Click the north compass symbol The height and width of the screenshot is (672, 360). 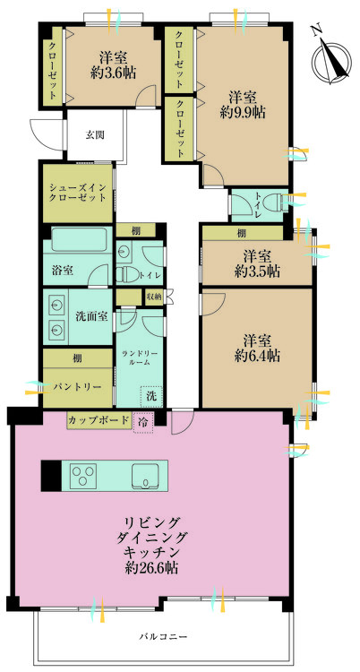[x=330, y=56]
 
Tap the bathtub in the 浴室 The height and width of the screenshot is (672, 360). [x=79, y=239]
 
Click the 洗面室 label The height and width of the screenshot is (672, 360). [x=92, y=316]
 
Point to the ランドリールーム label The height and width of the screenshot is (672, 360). [x=139, y=356]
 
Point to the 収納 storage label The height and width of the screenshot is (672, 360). [x=153, y=296]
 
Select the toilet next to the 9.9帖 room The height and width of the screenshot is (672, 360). [x=279, y=202]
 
